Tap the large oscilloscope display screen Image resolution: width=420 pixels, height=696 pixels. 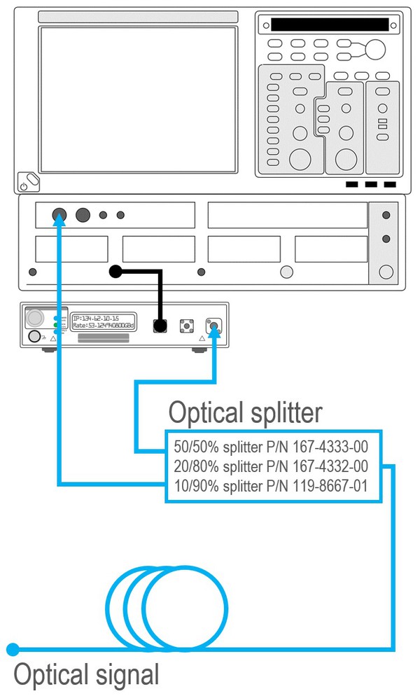(x=138, y=100)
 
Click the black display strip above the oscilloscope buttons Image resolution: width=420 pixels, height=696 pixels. (x=329, y=25)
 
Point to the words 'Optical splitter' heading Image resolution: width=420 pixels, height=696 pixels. (x=245, y=413)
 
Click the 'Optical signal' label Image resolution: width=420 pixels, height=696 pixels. (x=86, y=675)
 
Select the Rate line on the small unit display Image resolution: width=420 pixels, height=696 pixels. (x=103, y=326)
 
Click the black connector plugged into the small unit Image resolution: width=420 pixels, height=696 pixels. (x=160, y=326)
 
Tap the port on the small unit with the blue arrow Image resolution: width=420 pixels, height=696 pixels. (x=213, y=325)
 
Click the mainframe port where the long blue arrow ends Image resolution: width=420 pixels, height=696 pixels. (x=59, y=215)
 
